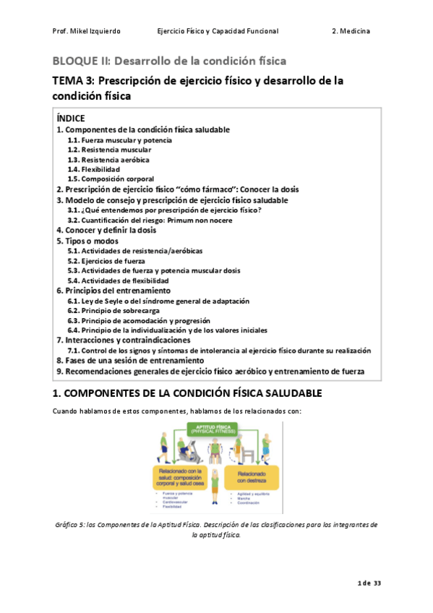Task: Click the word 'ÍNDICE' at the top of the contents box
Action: [70, 118]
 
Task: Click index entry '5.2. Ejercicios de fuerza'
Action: [106, 260]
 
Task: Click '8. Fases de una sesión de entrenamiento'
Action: [130, 360]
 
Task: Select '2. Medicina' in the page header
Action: [351, 32]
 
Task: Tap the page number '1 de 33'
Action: [369, 583]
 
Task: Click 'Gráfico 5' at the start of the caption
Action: [70, 524]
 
